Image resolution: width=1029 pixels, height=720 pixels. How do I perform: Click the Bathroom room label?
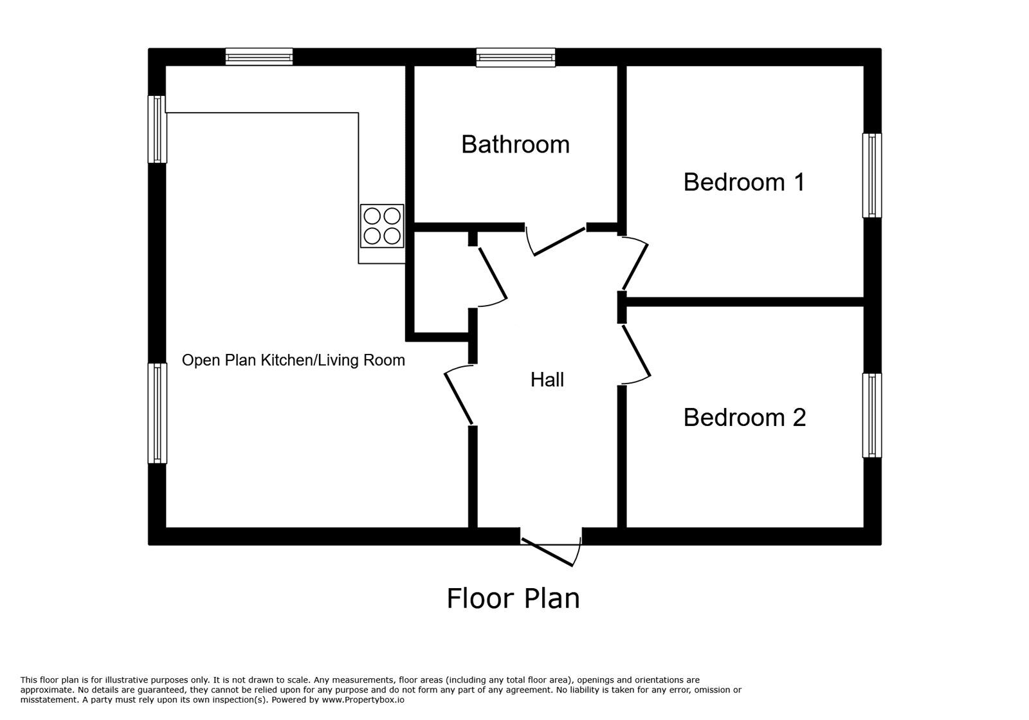pos(515,145)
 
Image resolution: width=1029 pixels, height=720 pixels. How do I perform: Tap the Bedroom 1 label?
pos(744,182)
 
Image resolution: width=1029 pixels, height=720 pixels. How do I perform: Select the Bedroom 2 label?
pos(745,418)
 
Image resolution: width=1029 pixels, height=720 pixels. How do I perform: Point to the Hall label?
pos(547,380)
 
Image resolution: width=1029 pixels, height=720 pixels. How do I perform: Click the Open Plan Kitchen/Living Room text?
pos(293,360)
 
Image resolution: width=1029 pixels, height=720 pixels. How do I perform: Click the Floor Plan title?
pos(513,598)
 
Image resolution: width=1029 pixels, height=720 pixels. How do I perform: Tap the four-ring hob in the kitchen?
pos(382,226)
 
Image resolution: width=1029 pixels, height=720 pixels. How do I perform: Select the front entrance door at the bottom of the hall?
pos(551,552)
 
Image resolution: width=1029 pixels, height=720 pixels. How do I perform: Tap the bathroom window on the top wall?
pos(515,57)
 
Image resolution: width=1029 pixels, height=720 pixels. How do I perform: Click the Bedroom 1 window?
pos(872,175)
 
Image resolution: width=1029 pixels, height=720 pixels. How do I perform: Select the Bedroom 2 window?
pos(872,416)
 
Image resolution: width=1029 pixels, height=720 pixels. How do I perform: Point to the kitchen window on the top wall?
pos(259,57)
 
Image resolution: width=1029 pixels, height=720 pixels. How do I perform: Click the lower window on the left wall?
pos(157,413)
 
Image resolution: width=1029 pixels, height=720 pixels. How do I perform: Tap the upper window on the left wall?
pos(157,129)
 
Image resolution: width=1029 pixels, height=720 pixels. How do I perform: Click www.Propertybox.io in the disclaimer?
pos(363,700)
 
